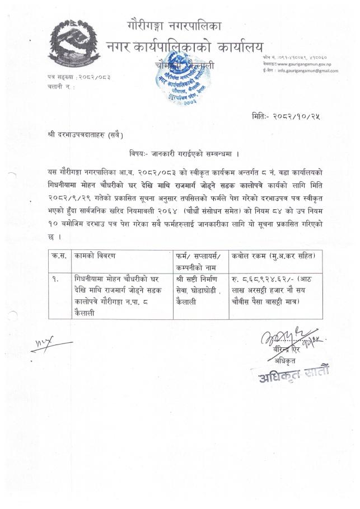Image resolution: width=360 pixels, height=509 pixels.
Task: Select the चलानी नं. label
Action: pyautogui.click(x=58, y=87)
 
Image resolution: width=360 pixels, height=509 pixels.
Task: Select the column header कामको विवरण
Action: pyautogui.click(x=97, y=256)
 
